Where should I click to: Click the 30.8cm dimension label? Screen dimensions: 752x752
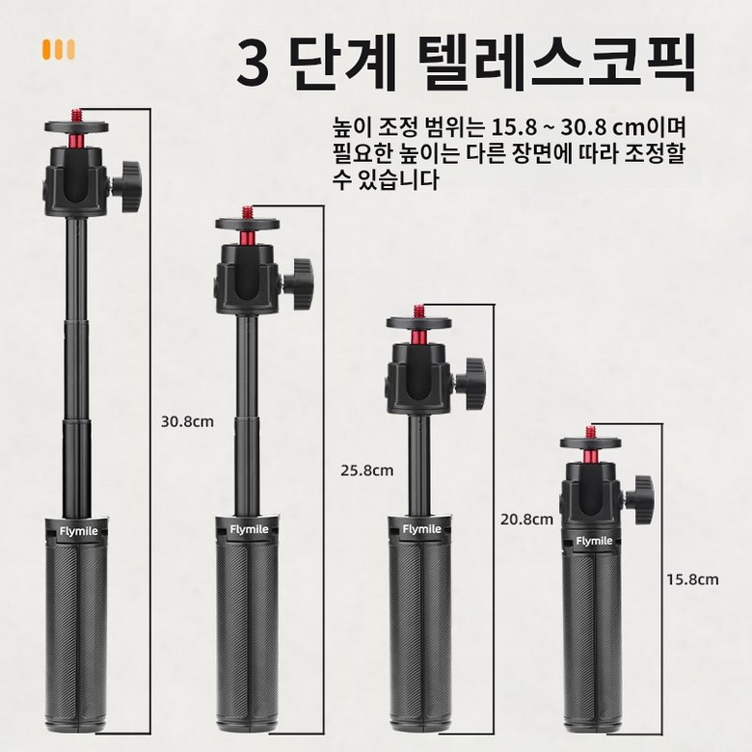click(188, 422)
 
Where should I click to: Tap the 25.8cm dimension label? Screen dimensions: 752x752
click(367, 470)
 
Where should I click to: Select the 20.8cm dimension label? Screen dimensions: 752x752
click(526, 520)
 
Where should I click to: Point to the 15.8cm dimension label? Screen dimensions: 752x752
click(692, 579)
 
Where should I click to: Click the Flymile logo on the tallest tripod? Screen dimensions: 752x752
click(79, 531)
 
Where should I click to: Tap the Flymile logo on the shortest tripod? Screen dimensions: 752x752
click(594, 541)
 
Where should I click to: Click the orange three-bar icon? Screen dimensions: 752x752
click(59, 49)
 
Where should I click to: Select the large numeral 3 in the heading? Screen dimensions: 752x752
click(253, 63)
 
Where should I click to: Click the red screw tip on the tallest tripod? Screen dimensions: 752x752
click(76, 115)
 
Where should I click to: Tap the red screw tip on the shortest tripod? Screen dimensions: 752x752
click(590, 431)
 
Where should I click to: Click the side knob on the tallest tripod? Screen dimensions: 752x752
click(128, 187)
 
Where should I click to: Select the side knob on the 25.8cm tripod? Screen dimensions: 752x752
click(301, 283)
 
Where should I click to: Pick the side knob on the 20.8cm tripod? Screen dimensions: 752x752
click(471, 383)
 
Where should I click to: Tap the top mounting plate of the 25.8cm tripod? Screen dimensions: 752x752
click(248, 224)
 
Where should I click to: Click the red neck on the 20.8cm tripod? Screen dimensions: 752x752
click(418, 336)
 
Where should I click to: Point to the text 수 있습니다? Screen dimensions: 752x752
click(386, 180)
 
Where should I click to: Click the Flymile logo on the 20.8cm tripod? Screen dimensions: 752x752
click(421, 529)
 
